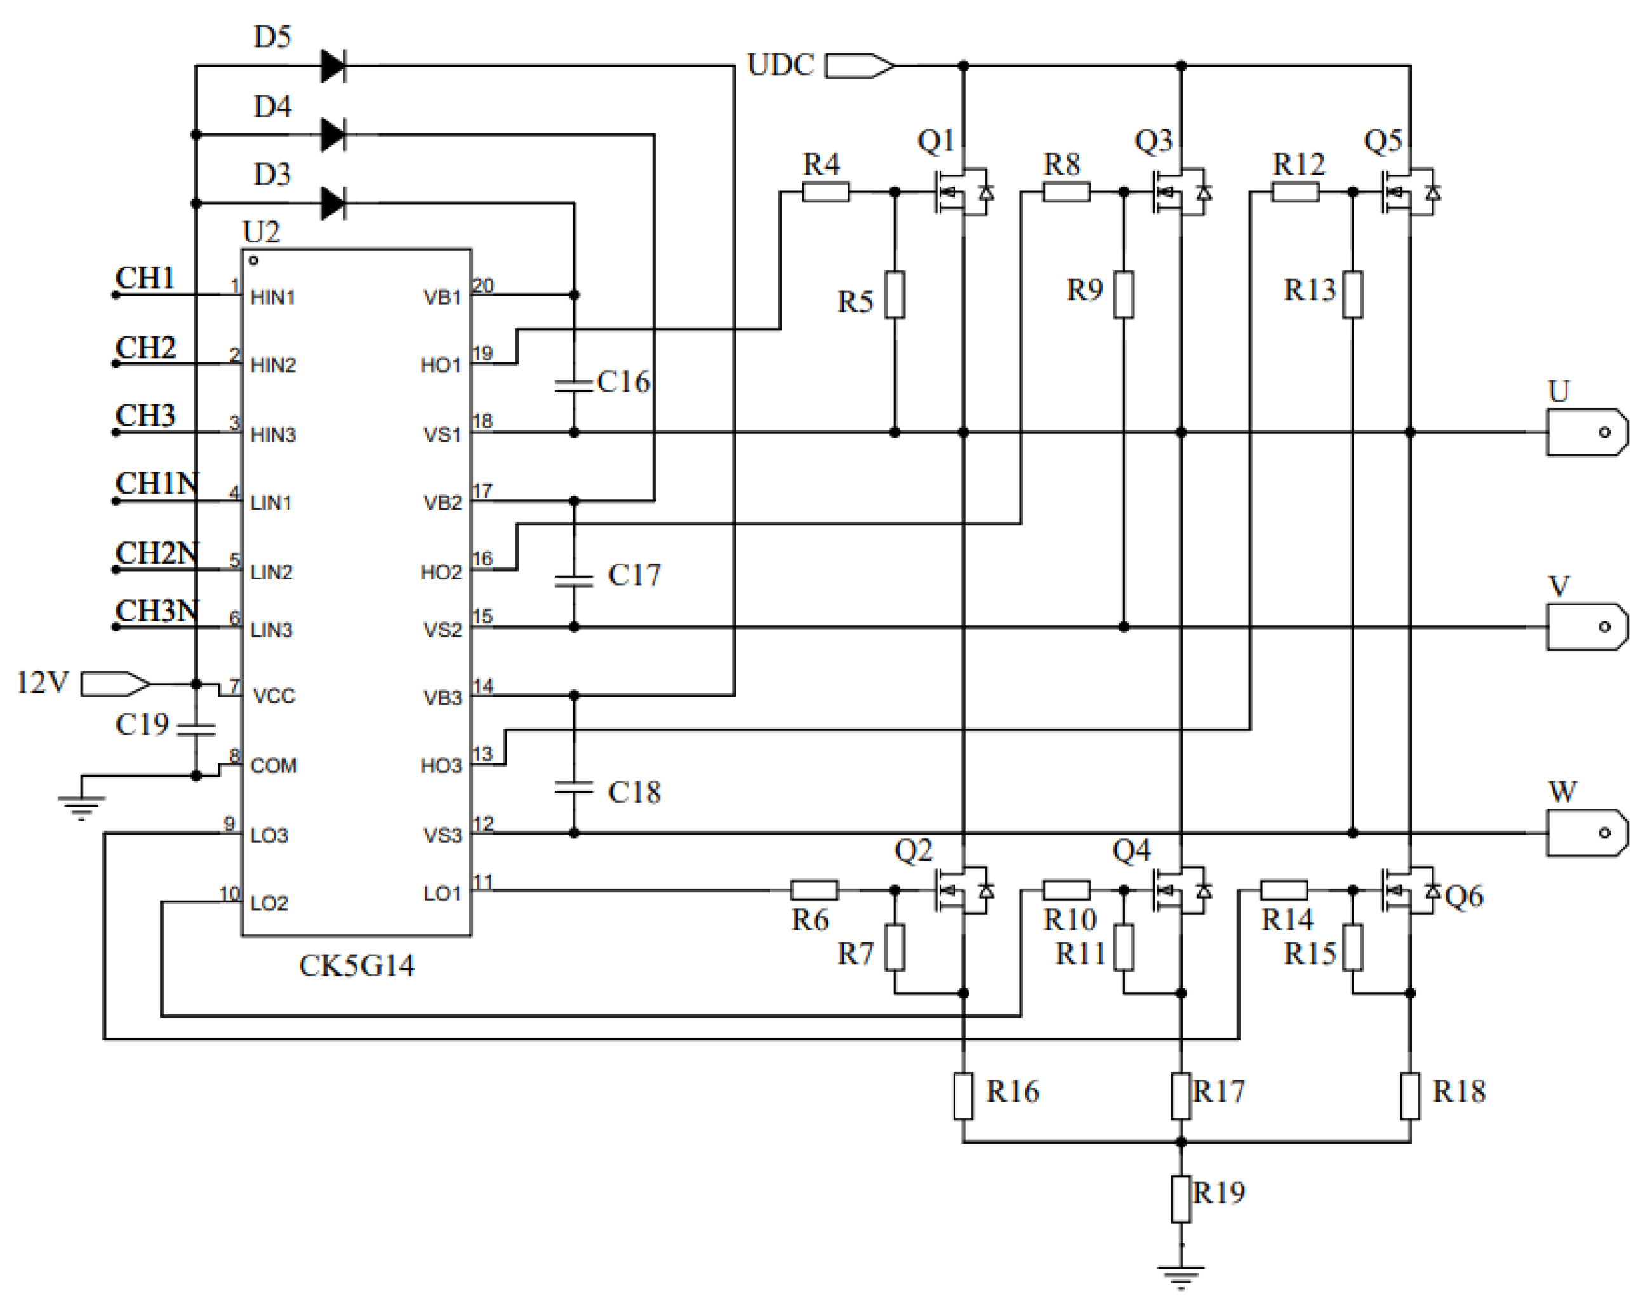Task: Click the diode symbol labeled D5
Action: click(333, 66)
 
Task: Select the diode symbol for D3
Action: click(333, 204)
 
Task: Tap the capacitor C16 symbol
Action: click(574, 385)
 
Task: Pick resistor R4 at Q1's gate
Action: click(825, 192)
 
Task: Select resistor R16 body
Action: click(963, 1095)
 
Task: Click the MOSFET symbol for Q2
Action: click(962, 890)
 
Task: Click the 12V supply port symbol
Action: click(114, 684)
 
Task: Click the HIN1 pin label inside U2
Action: click(273, 297)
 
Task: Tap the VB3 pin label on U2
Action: click(442, 698)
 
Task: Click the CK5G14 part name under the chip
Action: click(357, 966)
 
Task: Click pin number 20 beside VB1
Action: click(483, 286)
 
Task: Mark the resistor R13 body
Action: click(1353, 294)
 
